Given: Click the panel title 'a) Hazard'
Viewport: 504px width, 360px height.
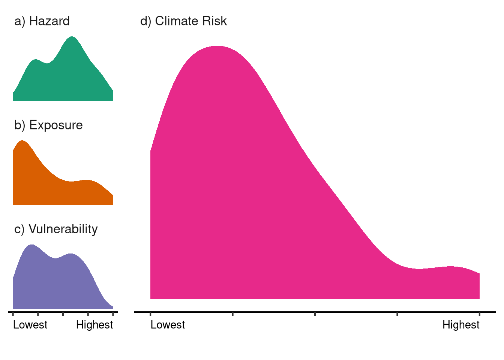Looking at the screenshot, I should tap(42, 21).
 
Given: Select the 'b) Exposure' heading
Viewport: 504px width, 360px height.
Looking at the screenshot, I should tap(48, 125).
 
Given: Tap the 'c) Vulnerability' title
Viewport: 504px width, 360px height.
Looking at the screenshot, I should tap(56, 229).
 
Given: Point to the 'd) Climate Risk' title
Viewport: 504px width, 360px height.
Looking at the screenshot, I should tap(183, 21).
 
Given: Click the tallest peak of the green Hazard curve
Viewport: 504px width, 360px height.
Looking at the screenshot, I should tap(72, 37).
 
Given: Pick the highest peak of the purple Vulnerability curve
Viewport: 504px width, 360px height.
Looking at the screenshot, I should tap(31, 245).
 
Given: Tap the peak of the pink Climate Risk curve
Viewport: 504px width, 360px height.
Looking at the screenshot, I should tap(217, 46).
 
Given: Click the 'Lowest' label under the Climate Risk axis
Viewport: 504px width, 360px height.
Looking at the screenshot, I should tap(168, 325).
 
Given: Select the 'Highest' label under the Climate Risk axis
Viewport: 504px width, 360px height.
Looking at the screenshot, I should tap(461, 325).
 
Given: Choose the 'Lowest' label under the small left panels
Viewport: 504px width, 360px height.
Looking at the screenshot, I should tap(30, 325).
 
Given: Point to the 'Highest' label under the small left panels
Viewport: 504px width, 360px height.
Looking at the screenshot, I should tap(94, 325).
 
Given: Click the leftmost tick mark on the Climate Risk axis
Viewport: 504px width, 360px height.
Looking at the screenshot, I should tap(150, 313).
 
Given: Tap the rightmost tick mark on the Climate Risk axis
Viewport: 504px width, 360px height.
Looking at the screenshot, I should tap(480, 313).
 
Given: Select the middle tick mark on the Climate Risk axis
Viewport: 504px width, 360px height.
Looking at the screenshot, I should tap(315, 313).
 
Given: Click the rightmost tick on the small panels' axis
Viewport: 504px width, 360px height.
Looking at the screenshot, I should tap(113, 313).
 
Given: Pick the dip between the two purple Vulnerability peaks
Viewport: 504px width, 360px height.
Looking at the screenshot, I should tap(55, 258).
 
